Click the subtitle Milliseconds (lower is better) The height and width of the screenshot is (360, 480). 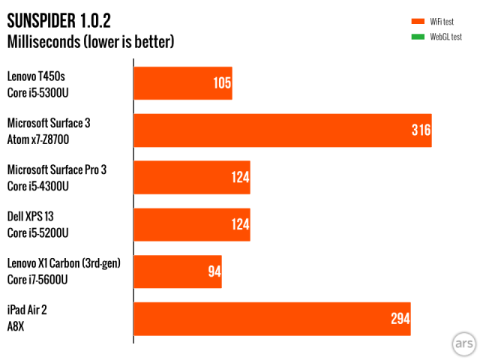point(91,41)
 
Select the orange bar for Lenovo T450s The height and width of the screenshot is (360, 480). point(182,83)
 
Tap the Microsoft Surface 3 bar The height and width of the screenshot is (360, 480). point(282,130)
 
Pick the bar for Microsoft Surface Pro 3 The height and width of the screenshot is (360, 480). point(191,178)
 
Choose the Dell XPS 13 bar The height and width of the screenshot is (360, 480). point(191,225)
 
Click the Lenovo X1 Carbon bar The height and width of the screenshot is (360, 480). point(177,271)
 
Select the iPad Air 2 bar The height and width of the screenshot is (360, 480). point(271,319)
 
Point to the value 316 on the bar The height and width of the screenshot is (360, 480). point(421,130)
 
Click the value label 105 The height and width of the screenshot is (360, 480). point(222,83)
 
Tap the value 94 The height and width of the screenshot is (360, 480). point(214,271)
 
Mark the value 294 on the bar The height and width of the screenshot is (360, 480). point(400,319)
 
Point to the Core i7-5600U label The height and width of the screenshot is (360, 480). point(37,280)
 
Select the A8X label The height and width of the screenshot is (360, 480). point(17,327)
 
